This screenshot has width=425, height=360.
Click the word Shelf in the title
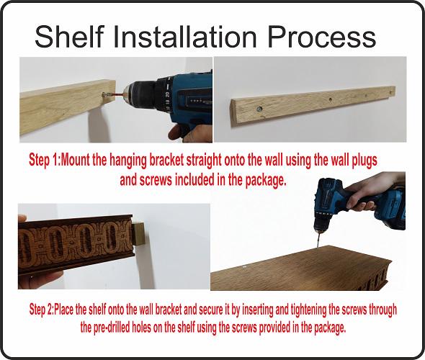coord(69,36)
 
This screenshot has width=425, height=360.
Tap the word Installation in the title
coord(185,36)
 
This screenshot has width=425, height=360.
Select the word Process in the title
coord(322,36)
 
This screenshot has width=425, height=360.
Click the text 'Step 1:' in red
coord(45,161)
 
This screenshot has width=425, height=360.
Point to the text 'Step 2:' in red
coord(42,310)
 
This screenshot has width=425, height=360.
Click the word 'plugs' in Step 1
coord(364,161)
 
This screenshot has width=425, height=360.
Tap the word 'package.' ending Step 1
coord(266,181)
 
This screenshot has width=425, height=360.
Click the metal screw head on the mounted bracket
coord(259,109)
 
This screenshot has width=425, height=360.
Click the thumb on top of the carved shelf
coord(22,218)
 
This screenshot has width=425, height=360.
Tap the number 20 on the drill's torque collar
coord(168,95)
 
